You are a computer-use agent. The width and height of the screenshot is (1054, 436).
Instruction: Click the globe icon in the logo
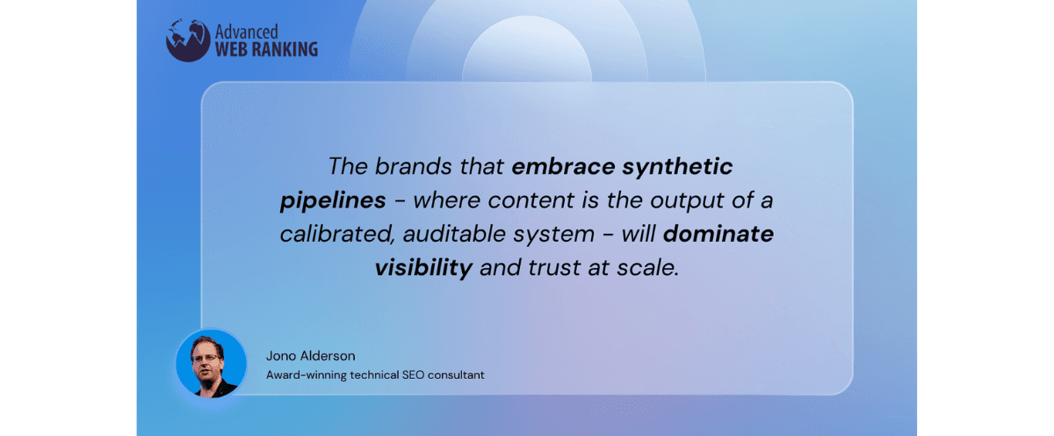click(x=188, y=40)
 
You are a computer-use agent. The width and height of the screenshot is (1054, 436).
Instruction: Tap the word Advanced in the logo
click(x=247, y=32)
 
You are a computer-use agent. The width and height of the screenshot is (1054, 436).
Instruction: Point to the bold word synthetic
click(x=677, y=168)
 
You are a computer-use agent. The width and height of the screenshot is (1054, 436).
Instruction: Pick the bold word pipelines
click(x=333, y=201)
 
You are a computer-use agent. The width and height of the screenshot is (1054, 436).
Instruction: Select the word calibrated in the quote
click(x=337, y=234)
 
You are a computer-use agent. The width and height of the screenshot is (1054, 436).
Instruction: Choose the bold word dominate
click(x=718, y=234)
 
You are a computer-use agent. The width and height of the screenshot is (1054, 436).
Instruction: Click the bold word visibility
click(x=423, y=268)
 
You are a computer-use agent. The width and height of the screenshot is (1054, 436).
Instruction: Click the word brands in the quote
click(x=413, y=166)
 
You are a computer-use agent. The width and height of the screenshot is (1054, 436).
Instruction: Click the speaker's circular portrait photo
click(x=211, y=364)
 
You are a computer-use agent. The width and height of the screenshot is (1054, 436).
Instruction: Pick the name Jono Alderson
click(x=311, y=356)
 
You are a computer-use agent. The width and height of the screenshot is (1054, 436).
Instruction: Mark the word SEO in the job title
click(x=413, y=375)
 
